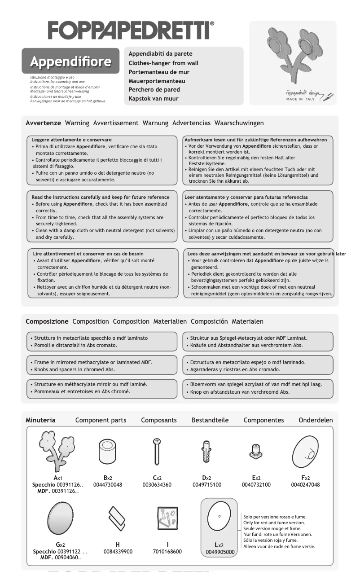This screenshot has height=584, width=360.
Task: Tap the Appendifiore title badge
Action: click(x=70, y=61)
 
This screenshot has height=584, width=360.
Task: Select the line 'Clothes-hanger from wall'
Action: click(x=163, y=63)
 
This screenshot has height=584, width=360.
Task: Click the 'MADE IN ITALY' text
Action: click(x=300, y=99)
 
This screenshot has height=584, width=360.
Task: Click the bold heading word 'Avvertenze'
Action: click(x=44, y=123)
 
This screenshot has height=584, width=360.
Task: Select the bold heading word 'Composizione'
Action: click(x=47, y=321)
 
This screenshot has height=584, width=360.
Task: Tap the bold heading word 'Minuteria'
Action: click(x=40, y=420)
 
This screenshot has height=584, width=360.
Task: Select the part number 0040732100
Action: click(x=256, y=485)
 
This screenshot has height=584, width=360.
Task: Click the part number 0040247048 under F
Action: click(x=305, y=485)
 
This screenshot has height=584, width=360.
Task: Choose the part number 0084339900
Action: click(x=118, y=551)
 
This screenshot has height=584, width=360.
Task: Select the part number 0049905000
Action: click(x=220, y=552)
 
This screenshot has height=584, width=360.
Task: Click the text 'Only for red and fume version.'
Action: click(x=274, y=523)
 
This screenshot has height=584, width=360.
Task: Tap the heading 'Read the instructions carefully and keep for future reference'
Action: click(x=101, y=197)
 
